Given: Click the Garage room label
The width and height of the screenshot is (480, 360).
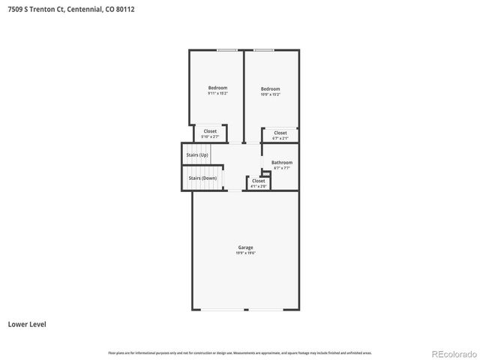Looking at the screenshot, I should (245, 247).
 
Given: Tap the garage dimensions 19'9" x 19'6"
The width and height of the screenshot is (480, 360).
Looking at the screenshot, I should (245, 253).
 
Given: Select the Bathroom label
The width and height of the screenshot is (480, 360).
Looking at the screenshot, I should (282, 163).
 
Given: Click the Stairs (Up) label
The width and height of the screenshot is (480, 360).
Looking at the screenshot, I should (197, 155).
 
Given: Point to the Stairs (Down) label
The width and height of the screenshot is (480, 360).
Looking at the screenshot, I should (202, 178).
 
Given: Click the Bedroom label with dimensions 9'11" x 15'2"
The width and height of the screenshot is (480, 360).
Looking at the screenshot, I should (217, 88).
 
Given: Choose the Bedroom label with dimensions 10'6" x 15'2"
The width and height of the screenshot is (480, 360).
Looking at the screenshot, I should (270, 88).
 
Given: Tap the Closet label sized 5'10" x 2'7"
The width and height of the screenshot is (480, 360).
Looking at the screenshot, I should (210, 131).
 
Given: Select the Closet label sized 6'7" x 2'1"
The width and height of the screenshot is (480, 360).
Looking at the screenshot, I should (280, 133).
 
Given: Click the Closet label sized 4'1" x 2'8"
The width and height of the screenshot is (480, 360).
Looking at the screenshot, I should (258, 181).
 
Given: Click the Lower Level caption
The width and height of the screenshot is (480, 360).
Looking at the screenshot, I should (27, 325).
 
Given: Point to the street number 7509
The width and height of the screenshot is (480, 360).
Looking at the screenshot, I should (15, 9).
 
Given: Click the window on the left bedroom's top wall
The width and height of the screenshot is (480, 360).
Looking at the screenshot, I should (227, 50).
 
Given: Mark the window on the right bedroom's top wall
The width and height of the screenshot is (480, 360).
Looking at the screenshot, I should (263, 50).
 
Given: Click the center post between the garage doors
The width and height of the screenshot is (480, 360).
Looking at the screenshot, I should (245, 310).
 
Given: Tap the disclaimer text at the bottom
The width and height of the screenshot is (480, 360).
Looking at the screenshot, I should (240, 352).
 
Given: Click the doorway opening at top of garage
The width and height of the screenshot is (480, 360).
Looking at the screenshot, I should (235, 190).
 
